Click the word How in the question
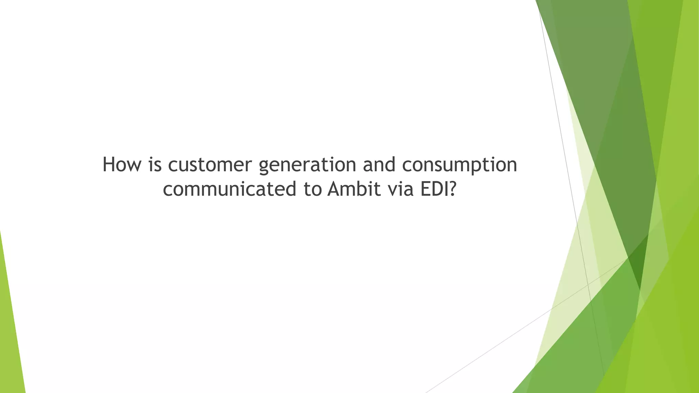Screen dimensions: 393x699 122,165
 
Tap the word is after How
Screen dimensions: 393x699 155,165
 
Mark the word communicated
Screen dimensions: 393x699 230,189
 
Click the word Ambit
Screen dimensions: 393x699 354,189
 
